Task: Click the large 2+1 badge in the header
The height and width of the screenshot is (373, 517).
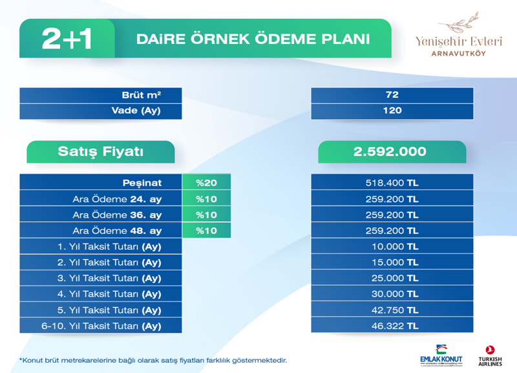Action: pyautogui.click(x=67, y=39)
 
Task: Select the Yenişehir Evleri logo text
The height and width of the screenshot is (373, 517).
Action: pyautogui.click(x=459, y=41)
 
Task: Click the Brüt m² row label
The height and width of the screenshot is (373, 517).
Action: pyautogui.click(x=142, y=95)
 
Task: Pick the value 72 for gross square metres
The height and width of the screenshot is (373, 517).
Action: pyautogui.click(x=392, y=95)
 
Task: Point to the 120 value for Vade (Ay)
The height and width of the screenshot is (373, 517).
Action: pyautogui.click(x=392, y=110)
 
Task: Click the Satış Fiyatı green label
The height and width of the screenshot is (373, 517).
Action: pyautogui.click(x=101, y=152)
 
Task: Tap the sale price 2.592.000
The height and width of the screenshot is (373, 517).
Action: pyautogui.click(x=390, y=152)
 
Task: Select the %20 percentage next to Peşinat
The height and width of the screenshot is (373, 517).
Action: pyautogui.click(x=206, y=183)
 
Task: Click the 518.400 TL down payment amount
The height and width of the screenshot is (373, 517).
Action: pyautogui.click(x=392, y=183)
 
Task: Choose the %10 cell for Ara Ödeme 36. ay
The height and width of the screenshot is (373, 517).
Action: pyautogui.click(x=206, y=215)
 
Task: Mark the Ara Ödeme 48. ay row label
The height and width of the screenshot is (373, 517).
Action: pyautogui.click(x=117, y=231)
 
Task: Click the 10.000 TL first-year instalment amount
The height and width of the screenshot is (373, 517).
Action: pyautogui.click(x=395, y=247)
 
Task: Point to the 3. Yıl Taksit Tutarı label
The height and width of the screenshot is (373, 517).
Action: pyautogui.click(x=109, y=278)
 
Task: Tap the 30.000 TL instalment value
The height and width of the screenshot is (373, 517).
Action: pyautogui.click(x=395, y=294)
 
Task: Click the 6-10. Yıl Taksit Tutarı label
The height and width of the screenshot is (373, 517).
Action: pyautogui.click(x=101, y=326)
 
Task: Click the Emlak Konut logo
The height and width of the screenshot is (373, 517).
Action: pyautogui.click(x=441, y=356)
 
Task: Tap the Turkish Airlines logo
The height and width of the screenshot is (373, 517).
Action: pyautogui.click(x=491, y=356)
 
